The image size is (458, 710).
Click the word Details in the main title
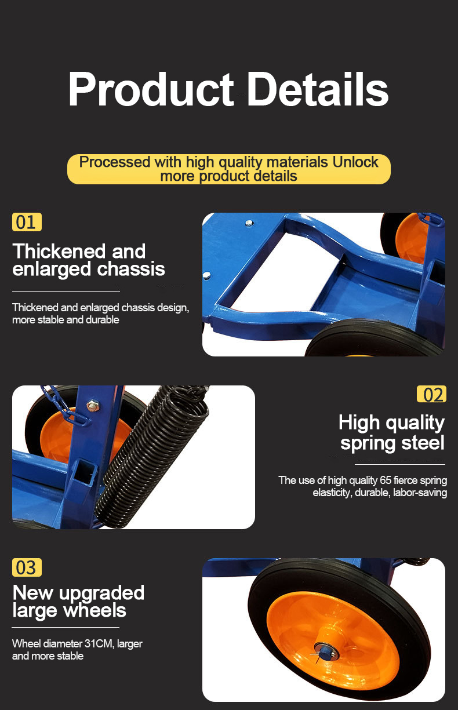click(x=318, y=90)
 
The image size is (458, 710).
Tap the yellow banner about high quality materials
click(x=228, y=169)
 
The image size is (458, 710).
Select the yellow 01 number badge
click(x=27, y=222)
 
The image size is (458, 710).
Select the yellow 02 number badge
click(x=431, y=394)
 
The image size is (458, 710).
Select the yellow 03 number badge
click(x=27, y=567)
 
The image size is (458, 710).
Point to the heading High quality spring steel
click(x=392, y=432)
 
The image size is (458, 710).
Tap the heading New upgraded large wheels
click(x=78, y=601)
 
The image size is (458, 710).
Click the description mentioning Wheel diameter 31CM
click(x=77, y=650)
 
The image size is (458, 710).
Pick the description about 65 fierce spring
click(x=362, y=486)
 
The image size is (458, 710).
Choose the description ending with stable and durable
click(x=100, y=314)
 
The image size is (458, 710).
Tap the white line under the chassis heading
click(x=66, y=291)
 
